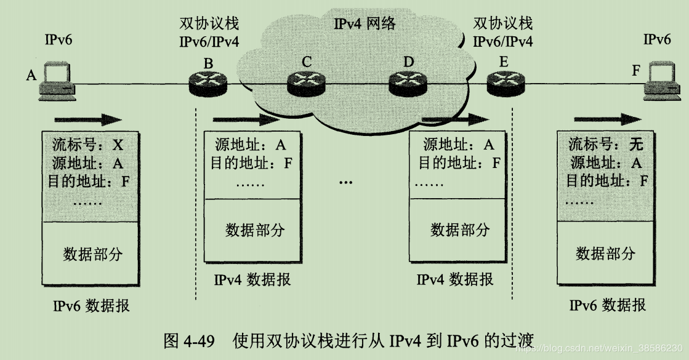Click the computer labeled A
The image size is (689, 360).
[57, 82]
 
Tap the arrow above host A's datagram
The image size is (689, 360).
[87, 119]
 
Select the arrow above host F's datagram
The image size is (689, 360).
[606, 119]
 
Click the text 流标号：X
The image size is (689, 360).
[86, 145]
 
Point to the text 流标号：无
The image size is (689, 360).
[605, 145]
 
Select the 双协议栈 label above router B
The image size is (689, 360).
[209, 24]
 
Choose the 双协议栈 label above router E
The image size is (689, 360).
[503, 24]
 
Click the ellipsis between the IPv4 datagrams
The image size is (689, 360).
[346, 182]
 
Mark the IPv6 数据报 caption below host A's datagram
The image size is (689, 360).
[91, 305]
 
